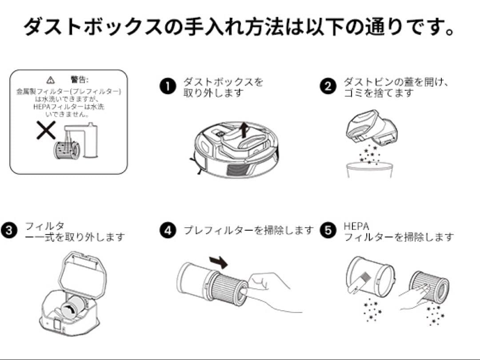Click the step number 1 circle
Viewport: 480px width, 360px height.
click(x=168, y=87)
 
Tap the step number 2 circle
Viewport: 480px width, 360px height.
click(x=328, y=87)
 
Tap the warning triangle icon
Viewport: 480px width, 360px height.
click(x=51, y=80)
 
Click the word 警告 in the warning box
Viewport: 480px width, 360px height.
click(x=79, y=80)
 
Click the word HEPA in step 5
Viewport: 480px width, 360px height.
click(x=356, y=226)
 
